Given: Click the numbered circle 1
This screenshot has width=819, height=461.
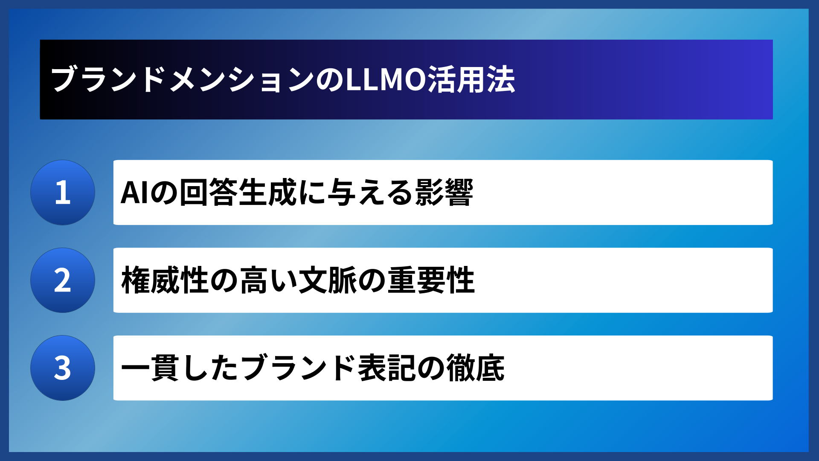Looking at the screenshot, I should tap(63, 193).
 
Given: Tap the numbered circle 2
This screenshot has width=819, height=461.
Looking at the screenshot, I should tap(63, 280).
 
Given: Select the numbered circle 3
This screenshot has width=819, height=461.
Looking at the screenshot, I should tap(63, 368).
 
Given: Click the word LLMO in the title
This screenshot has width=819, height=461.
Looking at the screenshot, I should tap(385, 80).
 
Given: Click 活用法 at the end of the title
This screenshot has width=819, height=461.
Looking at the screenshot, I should tap(471, 80).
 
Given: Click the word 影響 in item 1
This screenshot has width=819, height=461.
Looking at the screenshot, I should tap(444, 193).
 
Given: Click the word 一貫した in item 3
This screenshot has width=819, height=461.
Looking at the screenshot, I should tap(180, 368).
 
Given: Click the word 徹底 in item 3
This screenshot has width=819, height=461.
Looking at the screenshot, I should tap(475, 368).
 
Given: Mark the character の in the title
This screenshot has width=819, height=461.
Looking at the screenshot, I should tap(330, 80).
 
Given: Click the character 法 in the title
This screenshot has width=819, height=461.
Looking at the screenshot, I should tap(501, 80).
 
